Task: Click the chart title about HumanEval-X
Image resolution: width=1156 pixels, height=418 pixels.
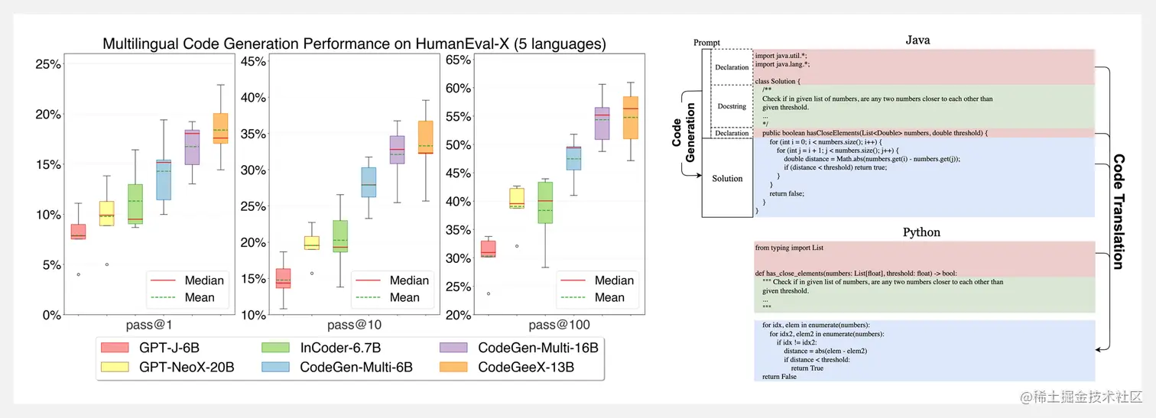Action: click(354, 44)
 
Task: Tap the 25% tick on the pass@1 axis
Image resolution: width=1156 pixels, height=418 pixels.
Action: click(48, 64)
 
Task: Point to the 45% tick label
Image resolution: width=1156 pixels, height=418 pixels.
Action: click(254, 60)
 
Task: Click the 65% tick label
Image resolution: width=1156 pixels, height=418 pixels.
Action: click(457, 60)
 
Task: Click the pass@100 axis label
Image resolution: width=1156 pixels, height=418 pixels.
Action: click(558, 325)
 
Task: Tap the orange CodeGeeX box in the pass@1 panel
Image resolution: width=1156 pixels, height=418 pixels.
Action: click(220, 128)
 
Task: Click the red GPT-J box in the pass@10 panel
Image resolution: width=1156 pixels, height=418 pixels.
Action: click(283, 278)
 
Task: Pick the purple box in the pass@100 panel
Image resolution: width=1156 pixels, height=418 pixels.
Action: click(602, 123)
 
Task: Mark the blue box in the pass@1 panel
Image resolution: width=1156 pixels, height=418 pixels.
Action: click(163, 180)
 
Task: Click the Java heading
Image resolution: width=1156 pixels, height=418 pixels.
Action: click(917, 40)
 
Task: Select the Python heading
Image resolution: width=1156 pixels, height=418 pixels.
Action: click(921, 232)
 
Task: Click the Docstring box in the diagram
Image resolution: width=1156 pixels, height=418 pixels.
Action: click(732, 106)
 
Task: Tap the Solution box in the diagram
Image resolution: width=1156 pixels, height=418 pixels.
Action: click(727, 178)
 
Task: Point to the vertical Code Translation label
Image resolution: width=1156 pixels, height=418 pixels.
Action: click(1118, 211)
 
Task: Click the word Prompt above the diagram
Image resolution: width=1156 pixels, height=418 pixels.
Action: click(706, 43)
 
